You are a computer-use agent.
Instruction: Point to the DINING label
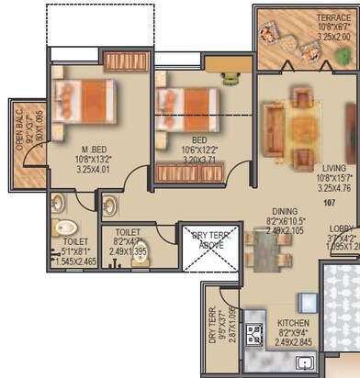pyautogui.click(x=274, y=211)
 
